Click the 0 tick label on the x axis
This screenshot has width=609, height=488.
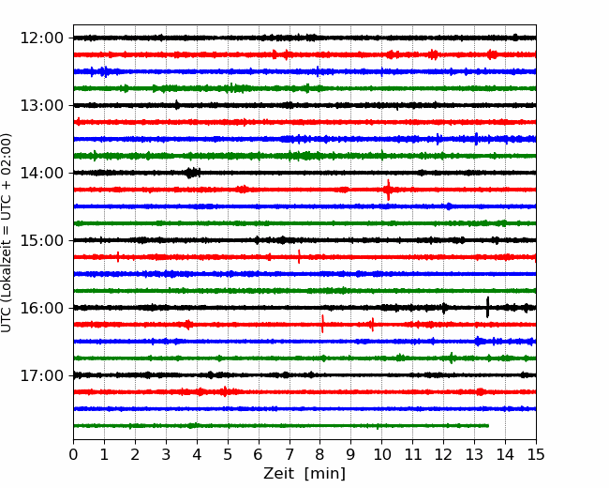[74, 455]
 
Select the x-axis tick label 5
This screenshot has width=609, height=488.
[228, 455]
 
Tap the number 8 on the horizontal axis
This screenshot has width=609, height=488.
[320, 455]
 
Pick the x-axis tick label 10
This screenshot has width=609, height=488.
[382, 455]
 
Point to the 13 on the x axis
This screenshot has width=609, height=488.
[474, 455]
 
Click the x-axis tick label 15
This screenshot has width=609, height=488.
[536, 455]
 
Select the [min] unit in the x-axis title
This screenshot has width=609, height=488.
[325, 474]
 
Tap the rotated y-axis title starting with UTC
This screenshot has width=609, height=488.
[7, 232]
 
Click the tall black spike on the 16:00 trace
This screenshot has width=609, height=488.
[487, 307]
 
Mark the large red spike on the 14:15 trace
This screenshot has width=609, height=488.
[388, 190]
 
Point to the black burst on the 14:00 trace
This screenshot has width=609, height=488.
[191, 173]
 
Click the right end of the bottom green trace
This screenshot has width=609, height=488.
[488, 425]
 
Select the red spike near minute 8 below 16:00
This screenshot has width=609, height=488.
[322, 325]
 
